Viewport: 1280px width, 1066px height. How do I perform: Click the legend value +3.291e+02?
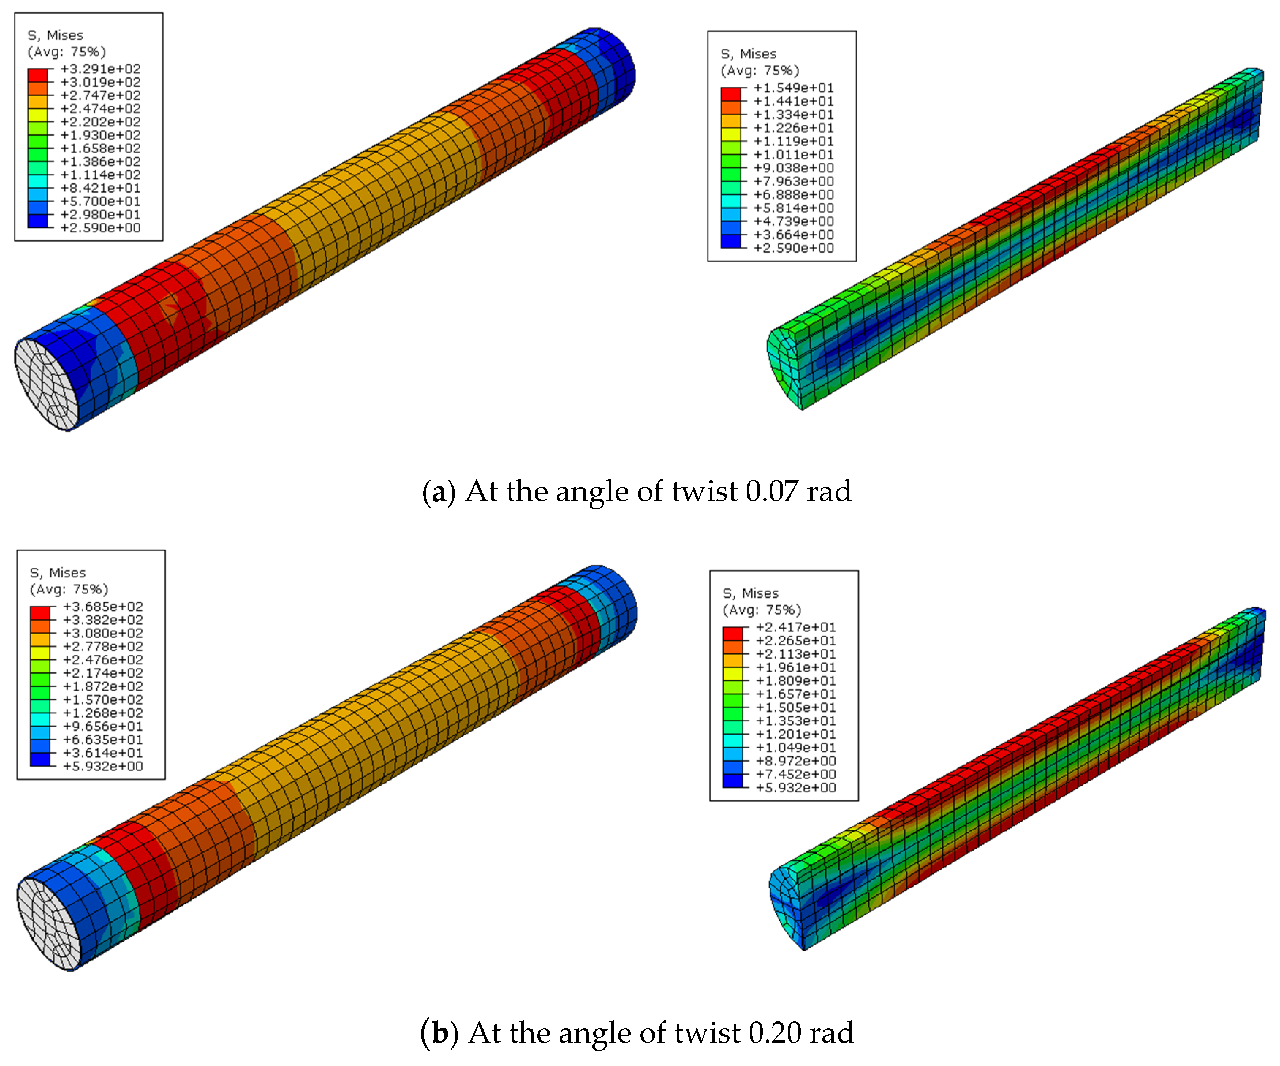(101, 69)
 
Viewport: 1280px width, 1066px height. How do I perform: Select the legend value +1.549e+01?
(794, 88)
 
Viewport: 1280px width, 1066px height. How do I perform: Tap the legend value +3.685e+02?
(103, 606)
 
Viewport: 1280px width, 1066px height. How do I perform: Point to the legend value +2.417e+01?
(796, 627)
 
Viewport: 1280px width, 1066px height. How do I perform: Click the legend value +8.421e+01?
(101, 188)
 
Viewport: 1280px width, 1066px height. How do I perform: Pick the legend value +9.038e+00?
(794, 168)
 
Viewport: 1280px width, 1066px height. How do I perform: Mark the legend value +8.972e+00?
(796, 760)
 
